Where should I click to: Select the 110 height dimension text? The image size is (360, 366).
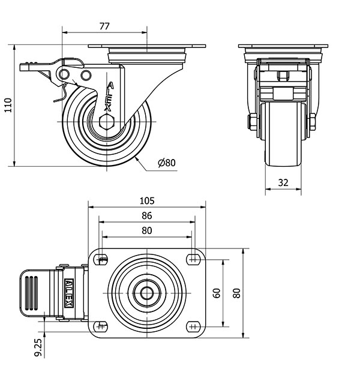7,105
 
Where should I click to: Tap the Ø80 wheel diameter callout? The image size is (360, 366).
166,163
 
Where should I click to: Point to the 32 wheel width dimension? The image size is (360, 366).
284,182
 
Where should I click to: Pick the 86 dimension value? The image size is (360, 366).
146,215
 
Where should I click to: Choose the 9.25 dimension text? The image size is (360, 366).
38,347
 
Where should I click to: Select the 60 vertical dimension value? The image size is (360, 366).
217,293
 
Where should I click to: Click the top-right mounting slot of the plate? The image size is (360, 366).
192,259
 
